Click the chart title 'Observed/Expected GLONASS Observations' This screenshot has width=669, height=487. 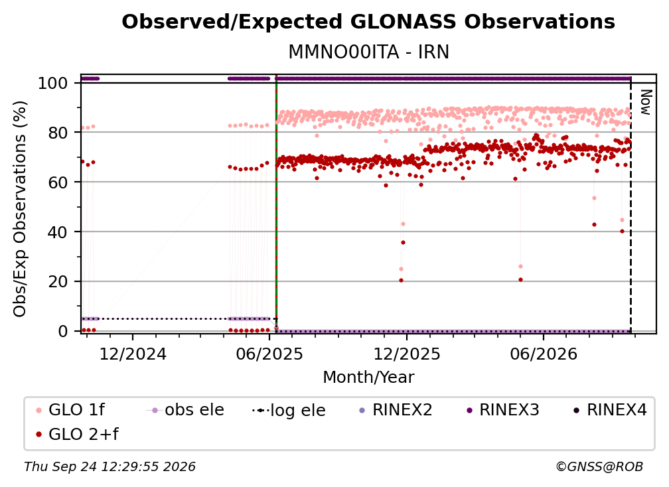368,22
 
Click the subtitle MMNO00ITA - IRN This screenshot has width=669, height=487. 368,52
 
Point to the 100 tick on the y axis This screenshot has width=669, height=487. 53,83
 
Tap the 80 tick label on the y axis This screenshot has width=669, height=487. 58,133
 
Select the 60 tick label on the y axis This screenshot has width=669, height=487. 58,182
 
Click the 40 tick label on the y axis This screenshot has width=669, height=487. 58,232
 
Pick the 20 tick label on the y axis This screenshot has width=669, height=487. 58,282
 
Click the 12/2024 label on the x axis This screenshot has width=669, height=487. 133,354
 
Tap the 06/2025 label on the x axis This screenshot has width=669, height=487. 269,354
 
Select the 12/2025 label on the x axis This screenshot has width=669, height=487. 407,354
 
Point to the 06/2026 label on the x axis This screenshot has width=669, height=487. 543,354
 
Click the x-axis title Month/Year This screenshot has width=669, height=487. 368,378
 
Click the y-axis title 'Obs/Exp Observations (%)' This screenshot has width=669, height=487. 20,209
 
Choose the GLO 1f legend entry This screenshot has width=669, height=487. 71,410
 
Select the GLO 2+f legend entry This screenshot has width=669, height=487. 77,435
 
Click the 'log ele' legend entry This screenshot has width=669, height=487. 289,410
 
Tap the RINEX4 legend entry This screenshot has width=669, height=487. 610,410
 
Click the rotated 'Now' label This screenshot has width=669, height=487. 646,102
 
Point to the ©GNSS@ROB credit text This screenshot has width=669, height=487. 599,466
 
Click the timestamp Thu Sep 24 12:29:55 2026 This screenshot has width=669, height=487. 110,466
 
